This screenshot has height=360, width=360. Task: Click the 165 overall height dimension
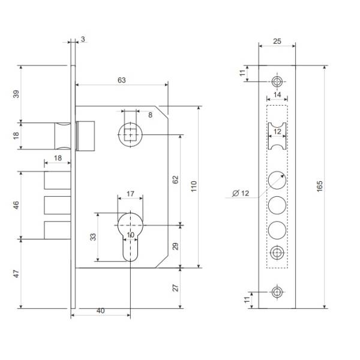pyautogui.click(x=320, y=187)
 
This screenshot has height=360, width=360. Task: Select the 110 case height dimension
pyautogui.click(x=194, y=187)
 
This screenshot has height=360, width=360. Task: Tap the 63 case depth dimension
pyautogui.click(x=122, y=80)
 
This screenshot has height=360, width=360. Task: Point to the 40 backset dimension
pyautogui.click(x=101, y=311)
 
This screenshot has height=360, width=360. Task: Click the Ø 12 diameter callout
pyautogui.click(x=241, y=193)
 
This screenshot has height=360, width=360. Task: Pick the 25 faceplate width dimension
pyautogui.click(x=277, y=41)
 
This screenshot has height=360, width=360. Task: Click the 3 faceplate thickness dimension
pyautogui.click(x=83, y=39)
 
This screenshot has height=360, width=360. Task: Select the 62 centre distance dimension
pyautogui.click(x=175, y=180)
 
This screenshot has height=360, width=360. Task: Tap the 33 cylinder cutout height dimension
pyautogui.click(x=93, y=237)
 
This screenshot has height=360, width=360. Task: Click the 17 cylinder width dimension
pyautogui.click(x=130, y=194)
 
